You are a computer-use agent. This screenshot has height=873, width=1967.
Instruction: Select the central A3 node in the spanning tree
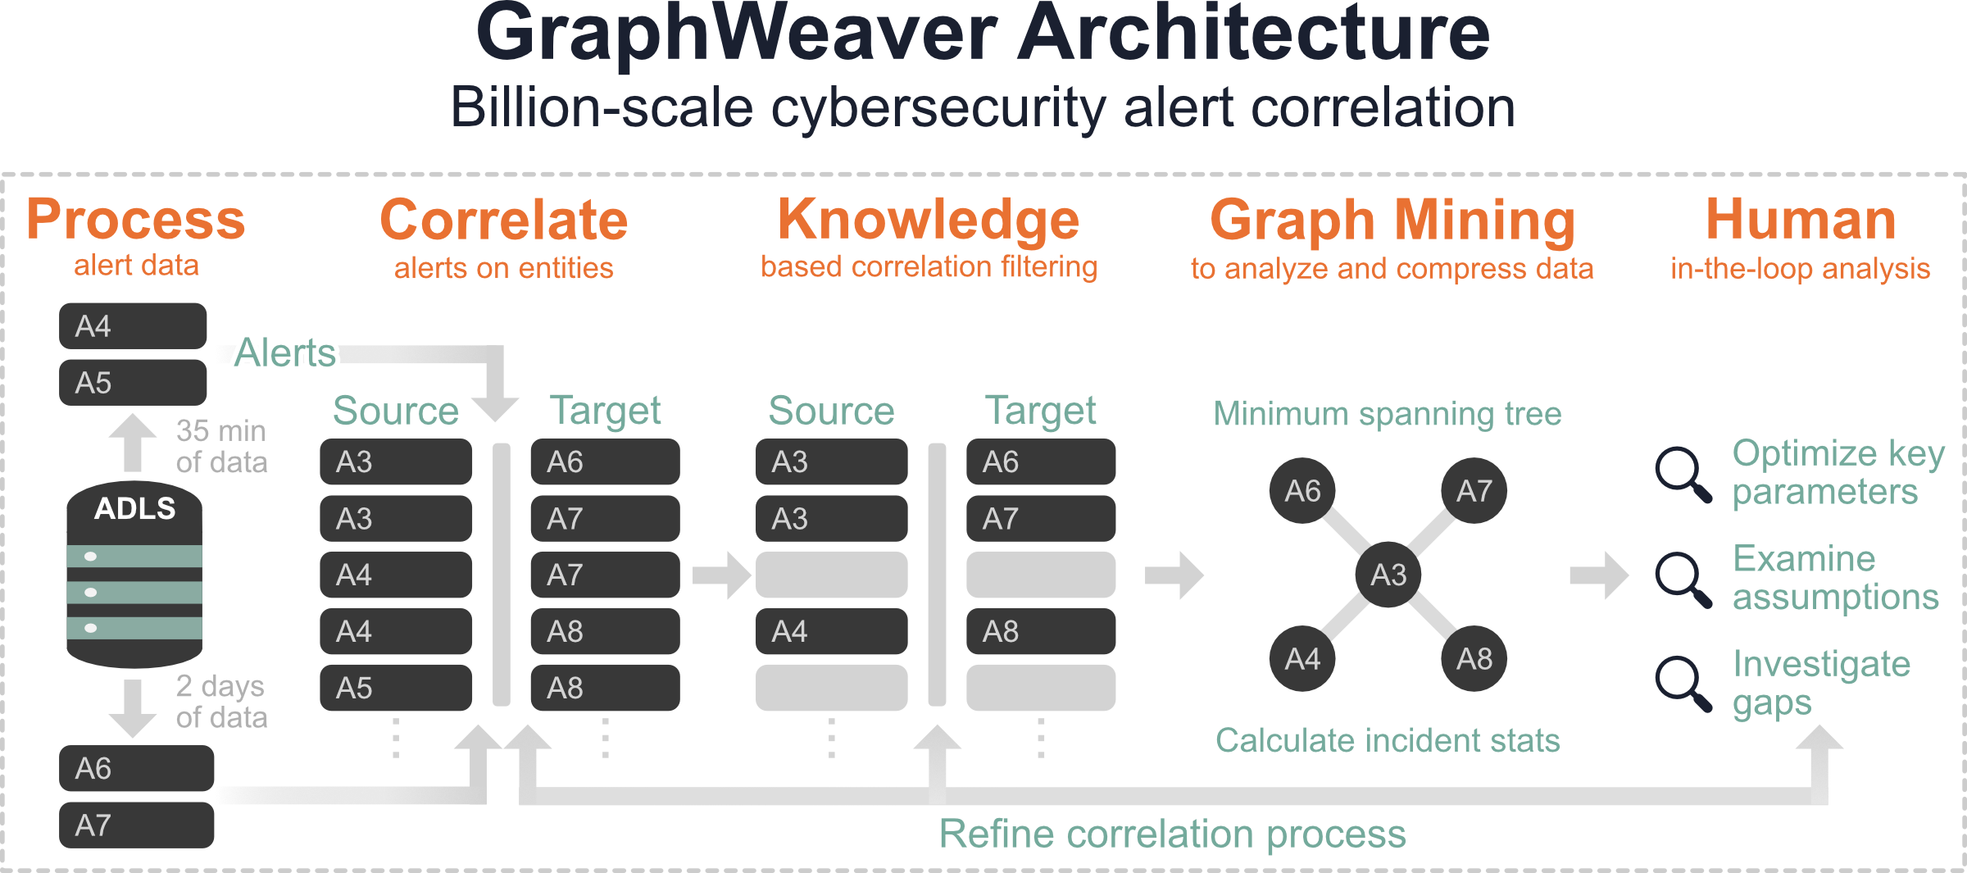pyautogui.click(x=1388, y=575)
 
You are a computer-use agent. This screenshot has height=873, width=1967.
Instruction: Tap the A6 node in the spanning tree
pyautogui.click(x=1302, y=491)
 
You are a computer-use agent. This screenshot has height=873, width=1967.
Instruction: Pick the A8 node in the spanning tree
pyautogui.click(x=1474, y=658)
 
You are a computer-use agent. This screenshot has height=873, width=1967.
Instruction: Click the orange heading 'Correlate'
pyautogui.click(x=503, y=221)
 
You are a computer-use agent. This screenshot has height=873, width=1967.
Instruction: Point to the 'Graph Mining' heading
pyautogui.click(x=1392, y=221)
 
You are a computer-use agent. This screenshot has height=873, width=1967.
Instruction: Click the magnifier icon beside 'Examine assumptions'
pyautogui.click(x=1683, y=580)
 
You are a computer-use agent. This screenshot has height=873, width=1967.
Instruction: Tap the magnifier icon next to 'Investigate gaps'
pyautogui.click(x=1683, y=683)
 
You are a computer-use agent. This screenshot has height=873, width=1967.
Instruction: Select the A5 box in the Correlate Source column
pyautogui.click(x=396, y=688)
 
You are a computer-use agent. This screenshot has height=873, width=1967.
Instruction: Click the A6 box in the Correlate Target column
pyautogui.click(x=605, y=462)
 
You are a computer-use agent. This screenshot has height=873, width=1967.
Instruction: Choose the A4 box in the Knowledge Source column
pyautogui.click(x=831, y=631)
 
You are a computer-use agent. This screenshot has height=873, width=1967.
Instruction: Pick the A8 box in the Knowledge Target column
pyautogui.click(x=1041, y=631)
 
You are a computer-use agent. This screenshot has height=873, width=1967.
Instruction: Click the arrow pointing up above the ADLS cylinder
pyautogui.click(x=133, y=443)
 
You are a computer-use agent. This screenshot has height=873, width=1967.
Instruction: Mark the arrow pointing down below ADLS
pyautogui.click(x=133, y=708)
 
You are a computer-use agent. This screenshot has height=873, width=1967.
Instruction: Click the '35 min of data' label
pyautogui.click(x=221, y=447)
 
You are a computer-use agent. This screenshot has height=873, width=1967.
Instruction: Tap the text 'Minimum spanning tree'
pyautogui.click(x=1388, y=414)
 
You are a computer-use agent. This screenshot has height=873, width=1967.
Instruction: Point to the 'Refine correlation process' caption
pyautogui.click(x=1172, y=834)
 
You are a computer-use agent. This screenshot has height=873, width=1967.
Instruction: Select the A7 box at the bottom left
pyautogui.click(x=136, y=825)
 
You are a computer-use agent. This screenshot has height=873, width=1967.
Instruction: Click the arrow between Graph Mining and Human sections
pyautogui.click(x=1599, y=575)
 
